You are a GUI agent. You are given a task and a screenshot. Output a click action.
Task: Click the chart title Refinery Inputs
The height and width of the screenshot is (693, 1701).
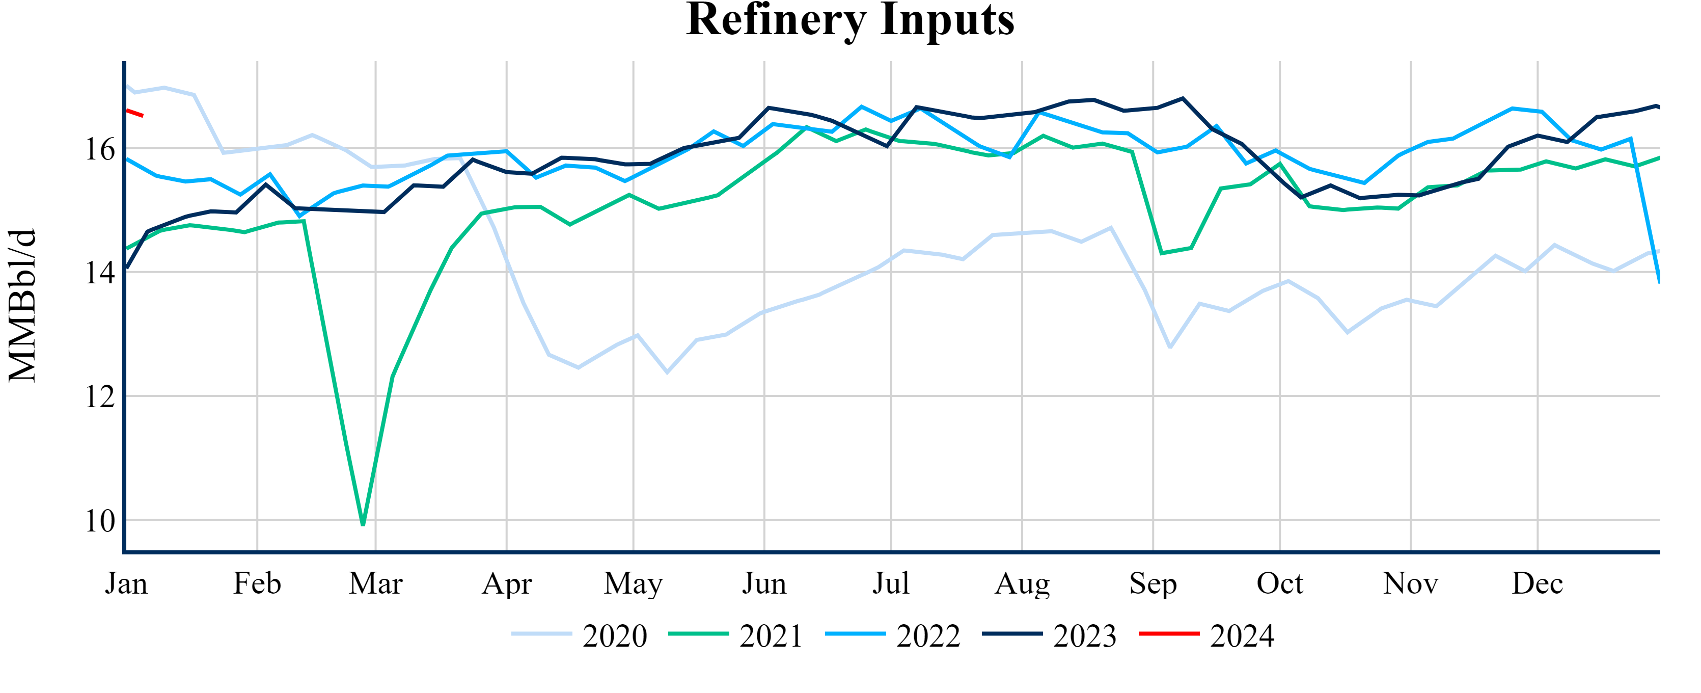point(850,20)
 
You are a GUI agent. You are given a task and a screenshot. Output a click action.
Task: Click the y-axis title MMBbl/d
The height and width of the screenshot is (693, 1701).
point(22,305)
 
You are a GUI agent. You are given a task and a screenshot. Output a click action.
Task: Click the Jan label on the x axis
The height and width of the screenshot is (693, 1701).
point(126,584)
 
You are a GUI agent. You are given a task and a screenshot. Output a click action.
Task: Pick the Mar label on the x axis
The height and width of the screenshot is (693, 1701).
point(376,584)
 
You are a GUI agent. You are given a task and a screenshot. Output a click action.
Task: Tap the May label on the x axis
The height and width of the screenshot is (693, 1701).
point(633,584)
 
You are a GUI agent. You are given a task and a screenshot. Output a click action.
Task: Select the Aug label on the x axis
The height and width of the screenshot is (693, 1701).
point(1022,584)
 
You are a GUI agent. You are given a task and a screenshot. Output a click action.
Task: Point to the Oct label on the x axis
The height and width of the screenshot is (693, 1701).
point(1280,584)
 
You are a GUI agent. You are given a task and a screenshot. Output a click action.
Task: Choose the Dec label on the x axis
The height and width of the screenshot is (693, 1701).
point(1537,584)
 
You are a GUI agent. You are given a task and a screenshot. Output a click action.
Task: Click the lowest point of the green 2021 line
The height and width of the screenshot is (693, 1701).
point(363,524)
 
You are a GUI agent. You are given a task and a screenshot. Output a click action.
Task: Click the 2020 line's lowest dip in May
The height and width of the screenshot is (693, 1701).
point(667,372)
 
